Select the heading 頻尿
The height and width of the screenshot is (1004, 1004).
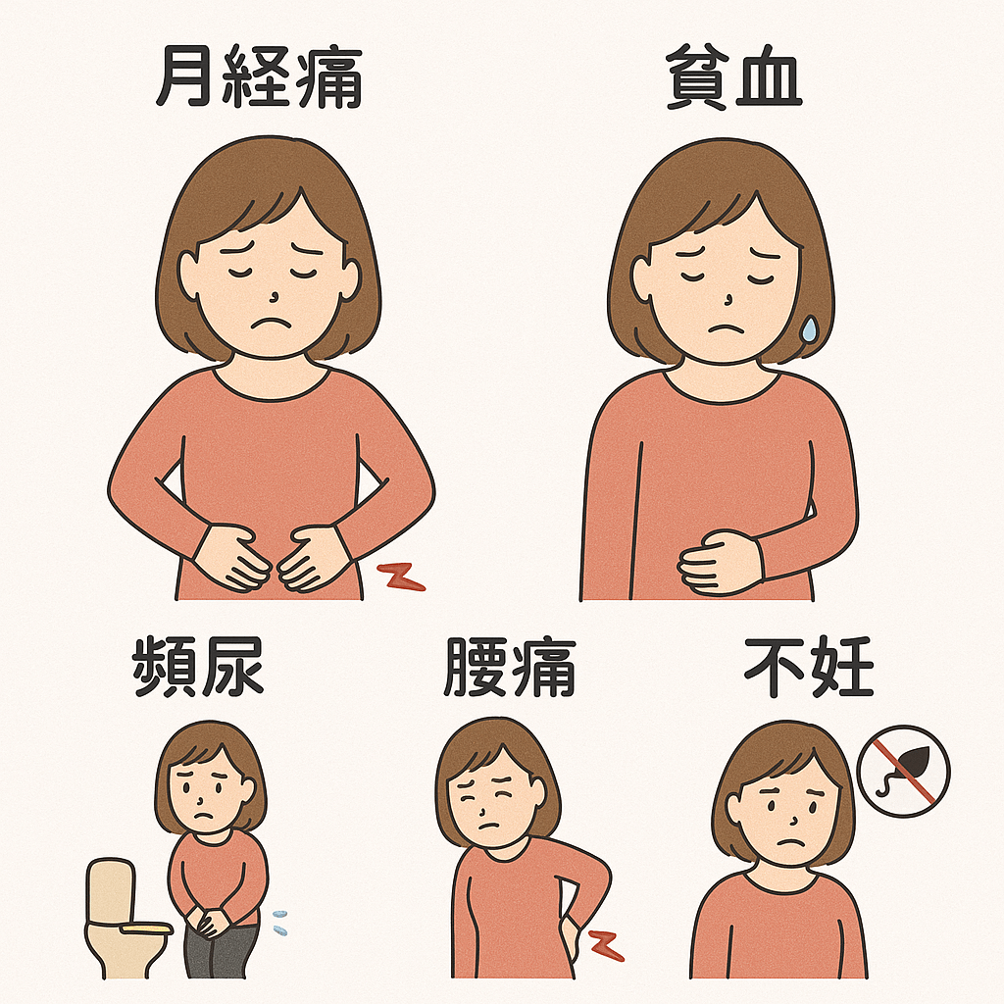pyautogui.click(x=199, y=668)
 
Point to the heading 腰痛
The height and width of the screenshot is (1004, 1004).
pyautogui.click(x=509, y=668)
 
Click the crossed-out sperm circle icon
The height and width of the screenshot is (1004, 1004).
pyautogui.click(x=903, y=772)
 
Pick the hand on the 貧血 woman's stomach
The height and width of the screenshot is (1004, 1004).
pyautogui.click(x=721, y=561)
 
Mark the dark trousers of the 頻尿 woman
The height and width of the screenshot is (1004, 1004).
pyautogui.click(x=221, y=956)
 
